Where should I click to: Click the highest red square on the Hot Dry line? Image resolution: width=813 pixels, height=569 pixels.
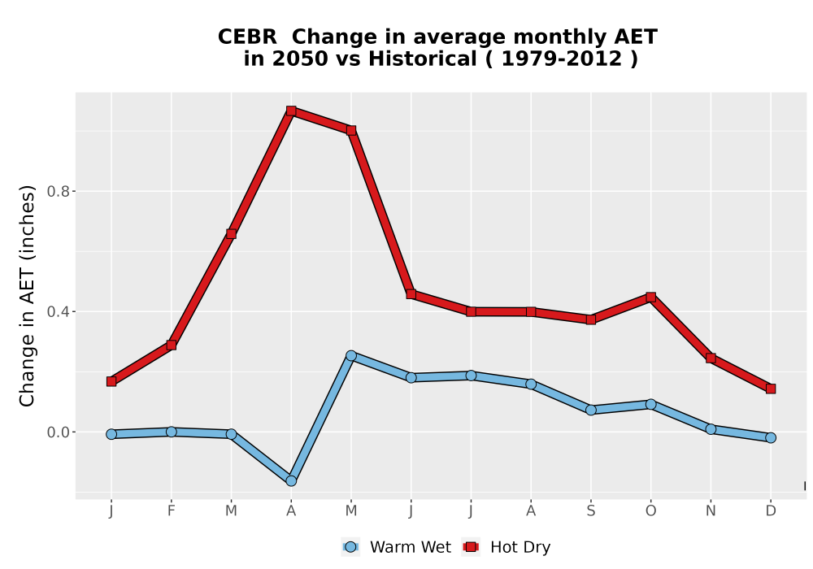click(x=291, y=111)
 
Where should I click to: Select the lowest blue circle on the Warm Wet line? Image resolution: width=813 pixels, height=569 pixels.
click(x=291, y=481)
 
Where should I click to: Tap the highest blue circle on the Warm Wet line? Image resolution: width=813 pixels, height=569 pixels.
click(x=351, y=355)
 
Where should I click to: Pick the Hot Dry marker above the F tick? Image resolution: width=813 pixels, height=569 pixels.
click(x=171, y=345)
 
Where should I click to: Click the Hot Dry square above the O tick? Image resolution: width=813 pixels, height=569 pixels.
click(x=650, y=297)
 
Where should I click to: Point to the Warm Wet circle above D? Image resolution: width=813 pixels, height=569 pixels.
click(x=771, y=438)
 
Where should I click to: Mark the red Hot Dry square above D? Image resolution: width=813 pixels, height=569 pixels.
click(x=771, y=389)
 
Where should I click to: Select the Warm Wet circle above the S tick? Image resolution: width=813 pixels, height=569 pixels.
click(x=590, y=410)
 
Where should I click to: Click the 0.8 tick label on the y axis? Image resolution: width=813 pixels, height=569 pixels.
click(x=58, y=191)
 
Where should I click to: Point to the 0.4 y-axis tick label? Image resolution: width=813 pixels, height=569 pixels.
click(x=58, y=311)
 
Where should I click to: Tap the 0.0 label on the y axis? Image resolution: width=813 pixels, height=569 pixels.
click(x=58, y=432)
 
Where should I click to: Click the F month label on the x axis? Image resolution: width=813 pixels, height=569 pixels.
click(x=171, y=511)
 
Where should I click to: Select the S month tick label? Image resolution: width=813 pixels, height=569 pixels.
click(x=590, y=511)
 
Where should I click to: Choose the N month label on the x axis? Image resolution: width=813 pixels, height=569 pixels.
click(x=711, y=511)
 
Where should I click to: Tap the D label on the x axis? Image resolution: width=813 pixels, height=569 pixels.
click(x=771, y=511)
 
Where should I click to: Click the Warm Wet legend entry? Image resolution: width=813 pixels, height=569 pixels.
click(x=396, y=547)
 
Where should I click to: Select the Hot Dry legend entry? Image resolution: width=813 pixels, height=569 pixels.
click(x=506, y=547)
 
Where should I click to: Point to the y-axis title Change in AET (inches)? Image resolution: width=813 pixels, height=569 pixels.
click(x=27, y=296)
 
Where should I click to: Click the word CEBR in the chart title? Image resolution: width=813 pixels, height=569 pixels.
click(x=247, y=37)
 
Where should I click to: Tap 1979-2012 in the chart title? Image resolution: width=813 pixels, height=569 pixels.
click(x=562, y=59)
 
